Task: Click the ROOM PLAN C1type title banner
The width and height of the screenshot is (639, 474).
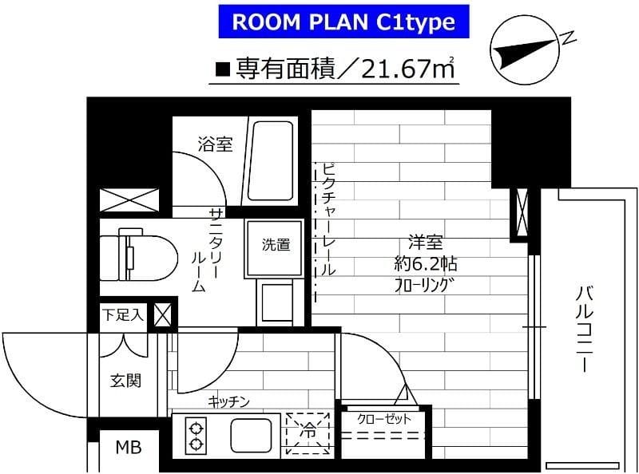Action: click(343, 23)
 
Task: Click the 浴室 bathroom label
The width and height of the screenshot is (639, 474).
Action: click(215, 144)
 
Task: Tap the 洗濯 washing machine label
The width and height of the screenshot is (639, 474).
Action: click(276, 245)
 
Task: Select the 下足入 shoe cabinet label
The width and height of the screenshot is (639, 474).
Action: click(121, 314)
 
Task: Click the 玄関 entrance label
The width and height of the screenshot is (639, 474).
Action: click(125, 380)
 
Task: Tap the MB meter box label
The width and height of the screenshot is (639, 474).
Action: click(128, 447)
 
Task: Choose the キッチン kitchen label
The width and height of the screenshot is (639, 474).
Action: click(230, 401)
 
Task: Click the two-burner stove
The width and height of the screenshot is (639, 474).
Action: click(196, 435)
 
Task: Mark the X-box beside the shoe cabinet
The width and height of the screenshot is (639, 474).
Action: click(162, 314)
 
